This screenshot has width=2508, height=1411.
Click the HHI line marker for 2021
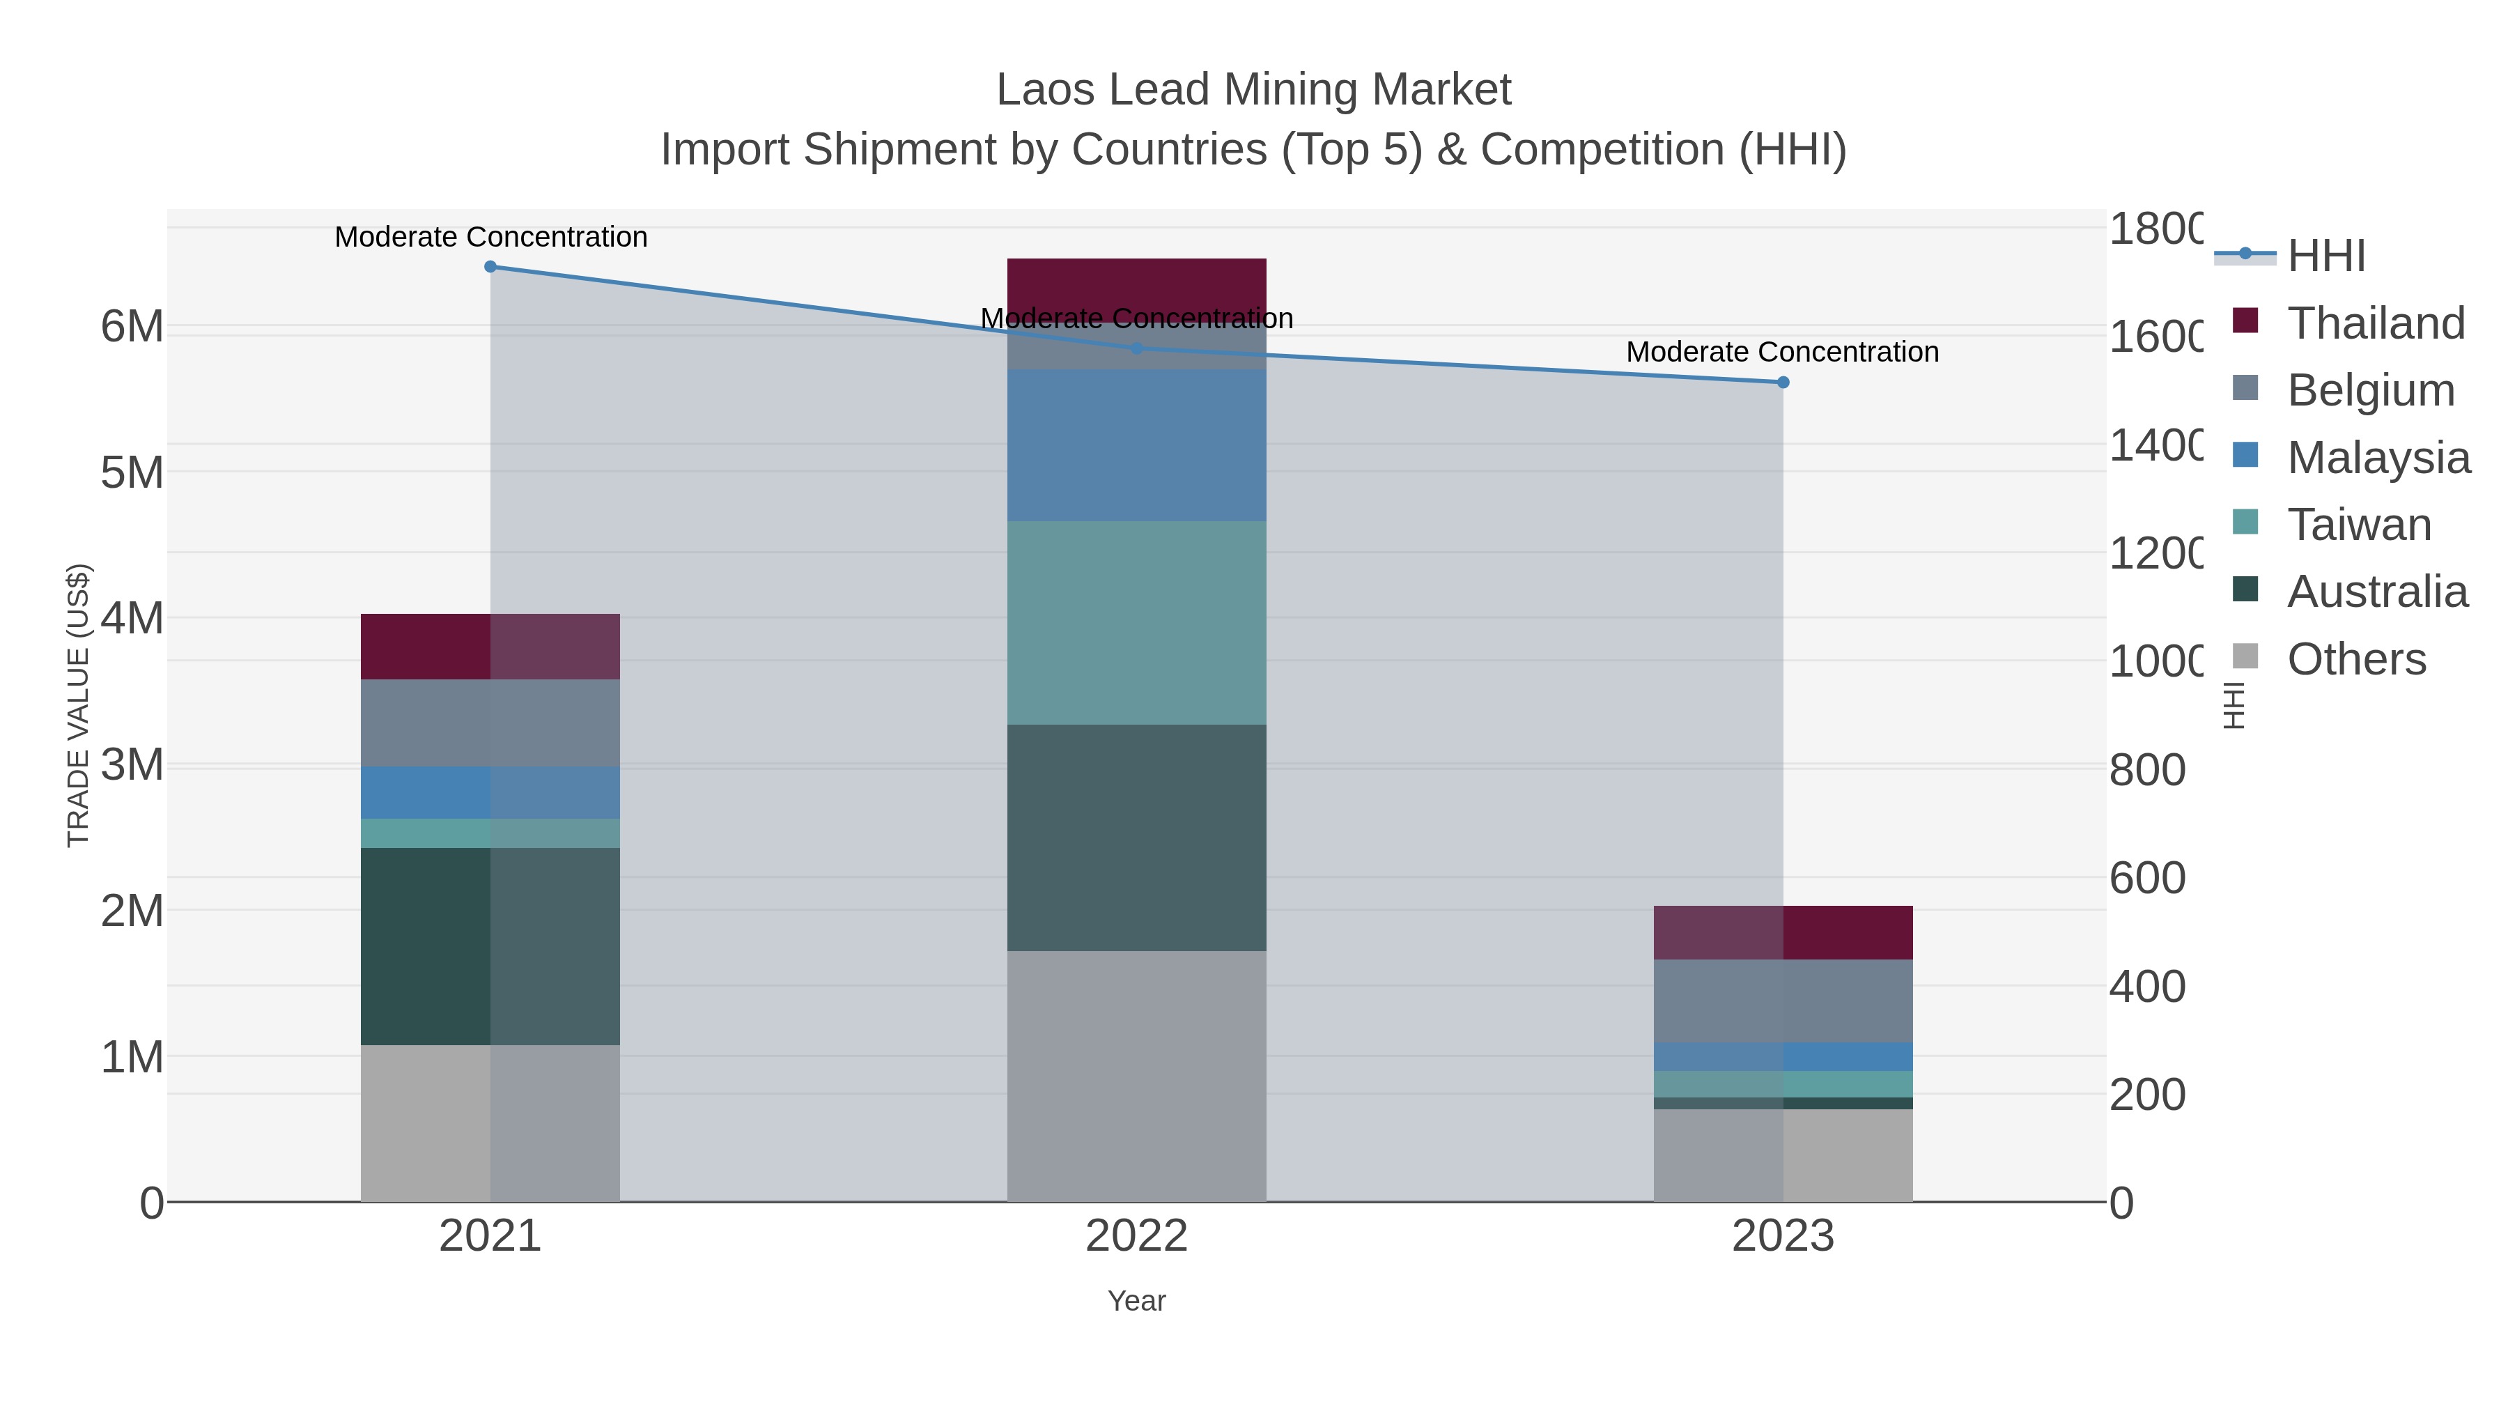pyautogui.click(x=490, y=267)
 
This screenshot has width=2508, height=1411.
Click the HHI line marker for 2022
pyautogui.click(x=1136, y=348)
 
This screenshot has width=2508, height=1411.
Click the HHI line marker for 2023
pyautogui.click(x=1783, y=383)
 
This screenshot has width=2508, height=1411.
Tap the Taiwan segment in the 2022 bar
pyautogui.click(x=1136, y=623)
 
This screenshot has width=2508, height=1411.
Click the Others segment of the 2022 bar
pyautogui.click(x=1136, y=1076)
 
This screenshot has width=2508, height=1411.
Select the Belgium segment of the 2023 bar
pyautogui.click(x=1783, y=1001)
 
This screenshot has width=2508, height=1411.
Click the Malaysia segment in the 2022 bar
pyautogui.click(x=1136, y=445)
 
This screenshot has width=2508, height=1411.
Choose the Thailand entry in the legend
pyautogui.click(x=2375, y=323)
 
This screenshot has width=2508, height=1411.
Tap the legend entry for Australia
pyautogui.click(x=2376, y=592)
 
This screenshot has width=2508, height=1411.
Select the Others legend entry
pyautogui.click(x=2355, y=659)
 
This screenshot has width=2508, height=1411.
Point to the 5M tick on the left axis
pyautogui.click(x=132, y=473)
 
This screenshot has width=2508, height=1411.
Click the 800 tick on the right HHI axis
pyautogui.click(x=2147, y=770)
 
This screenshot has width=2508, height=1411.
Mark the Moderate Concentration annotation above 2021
pyautogui.click(x=490, y=237)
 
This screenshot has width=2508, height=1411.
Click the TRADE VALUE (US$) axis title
pyautogui.click(x=78, y=705)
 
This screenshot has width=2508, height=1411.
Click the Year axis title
pyautogui.click(x=1136, y=1301)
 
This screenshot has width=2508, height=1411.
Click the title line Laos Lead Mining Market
pyautogui.click(x=1253, y=90)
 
